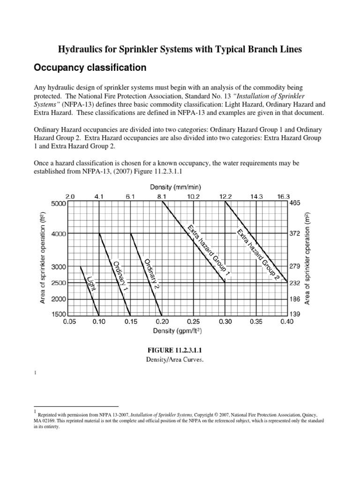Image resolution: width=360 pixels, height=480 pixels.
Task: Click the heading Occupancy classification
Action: point(90,68)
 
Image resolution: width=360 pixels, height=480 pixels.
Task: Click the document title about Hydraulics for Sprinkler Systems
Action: point(180,49)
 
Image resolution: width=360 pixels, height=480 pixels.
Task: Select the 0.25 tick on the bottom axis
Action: point(194,322)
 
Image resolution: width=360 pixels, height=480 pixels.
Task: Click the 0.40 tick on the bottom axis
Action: point(287,322)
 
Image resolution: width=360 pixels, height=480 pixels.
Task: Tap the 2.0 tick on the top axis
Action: point(69,197)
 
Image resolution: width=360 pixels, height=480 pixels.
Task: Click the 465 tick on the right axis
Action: point(296,204)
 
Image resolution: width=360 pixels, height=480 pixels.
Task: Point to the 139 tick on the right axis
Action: point(296,315)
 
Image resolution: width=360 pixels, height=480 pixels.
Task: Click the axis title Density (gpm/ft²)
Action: point(178,331)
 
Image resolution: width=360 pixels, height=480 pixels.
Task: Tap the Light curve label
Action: point(91,283)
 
